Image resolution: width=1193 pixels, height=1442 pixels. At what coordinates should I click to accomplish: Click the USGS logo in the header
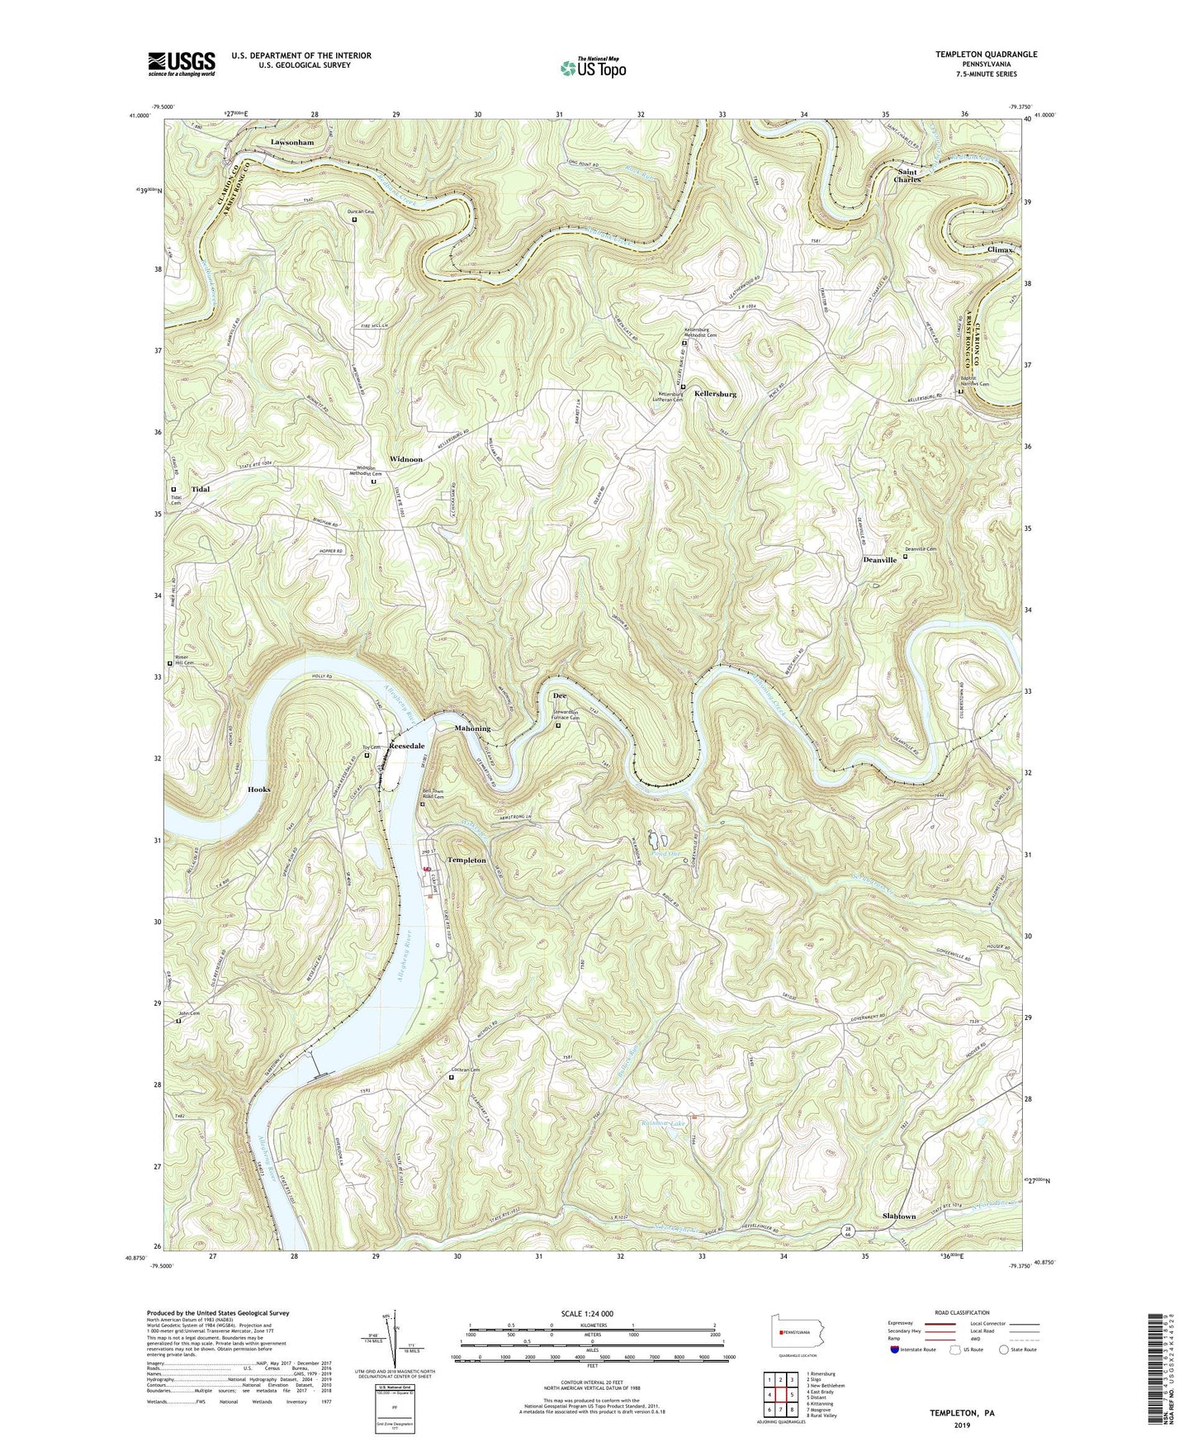coord(182,64)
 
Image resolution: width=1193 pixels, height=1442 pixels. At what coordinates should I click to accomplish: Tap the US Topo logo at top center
coord(592,68)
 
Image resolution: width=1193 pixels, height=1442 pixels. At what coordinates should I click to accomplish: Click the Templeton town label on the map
coord(466,861)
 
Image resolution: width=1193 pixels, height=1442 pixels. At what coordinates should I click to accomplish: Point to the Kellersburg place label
coord(715,395)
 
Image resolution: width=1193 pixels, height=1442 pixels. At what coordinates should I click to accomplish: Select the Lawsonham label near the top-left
coord(292,142)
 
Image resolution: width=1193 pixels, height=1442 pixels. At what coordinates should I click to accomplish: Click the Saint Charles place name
coord(907,176)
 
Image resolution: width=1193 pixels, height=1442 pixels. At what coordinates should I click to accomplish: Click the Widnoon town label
coord(406,459)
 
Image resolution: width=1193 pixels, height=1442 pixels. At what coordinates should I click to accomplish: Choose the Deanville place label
coord(879,560)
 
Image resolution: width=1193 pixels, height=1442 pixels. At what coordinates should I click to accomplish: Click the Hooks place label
coord(259,790)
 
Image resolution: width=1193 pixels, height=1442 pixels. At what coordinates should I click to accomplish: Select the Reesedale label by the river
coord(407,745)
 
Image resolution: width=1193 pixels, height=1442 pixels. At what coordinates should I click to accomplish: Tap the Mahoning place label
coord(472,728)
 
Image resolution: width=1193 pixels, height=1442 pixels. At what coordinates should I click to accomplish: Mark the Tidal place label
coord(201,489)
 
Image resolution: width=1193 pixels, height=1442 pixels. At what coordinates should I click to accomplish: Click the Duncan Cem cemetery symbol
coord(355,220)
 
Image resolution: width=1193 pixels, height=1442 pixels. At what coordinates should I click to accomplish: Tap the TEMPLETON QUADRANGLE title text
coord(986,55)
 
